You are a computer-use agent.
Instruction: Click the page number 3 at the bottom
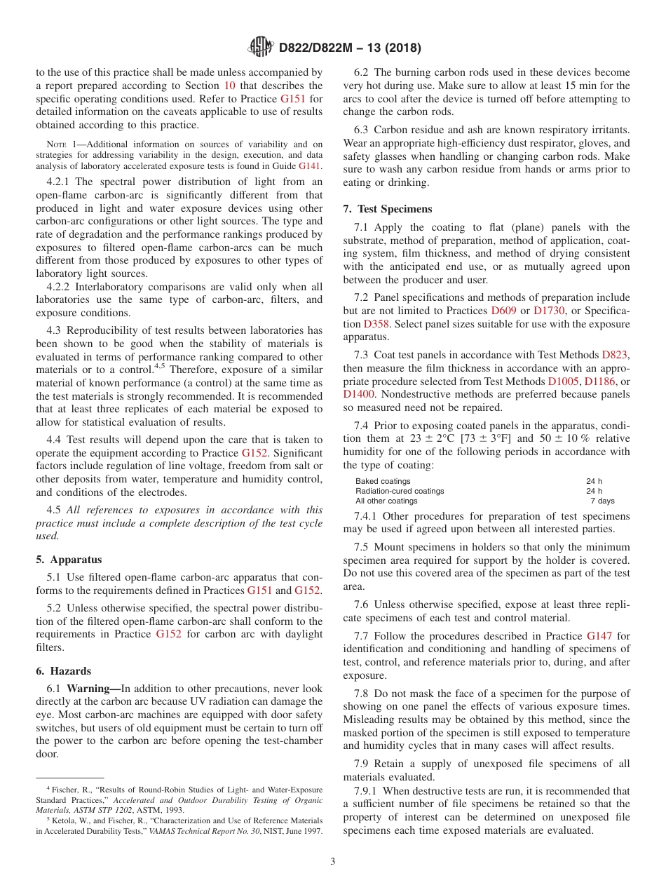pos(333,862)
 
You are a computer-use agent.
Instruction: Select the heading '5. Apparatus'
pos(69,560)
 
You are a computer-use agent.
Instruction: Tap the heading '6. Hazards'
pos(64,671)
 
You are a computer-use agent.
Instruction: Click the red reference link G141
pos(310,166)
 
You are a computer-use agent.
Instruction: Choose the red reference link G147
pos(599,636)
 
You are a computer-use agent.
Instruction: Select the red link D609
pos(503,310)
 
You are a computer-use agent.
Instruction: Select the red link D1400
pos(359,394)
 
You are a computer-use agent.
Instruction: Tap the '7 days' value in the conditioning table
pos(602,501)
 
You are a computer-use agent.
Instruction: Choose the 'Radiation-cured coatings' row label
pos(400,491)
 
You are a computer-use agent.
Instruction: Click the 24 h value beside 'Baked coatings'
pos(594,481)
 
